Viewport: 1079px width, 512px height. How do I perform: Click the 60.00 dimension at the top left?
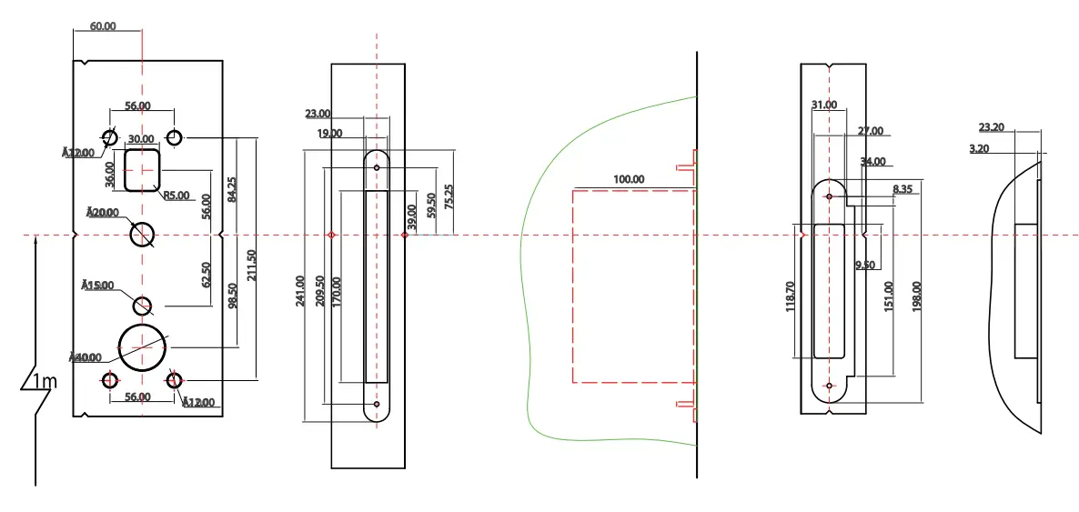[103, 26]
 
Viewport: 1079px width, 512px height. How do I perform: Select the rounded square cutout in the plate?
[143, 170]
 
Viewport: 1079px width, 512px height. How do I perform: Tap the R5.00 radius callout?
[176, 196]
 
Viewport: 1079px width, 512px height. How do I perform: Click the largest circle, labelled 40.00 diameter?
[143, 346]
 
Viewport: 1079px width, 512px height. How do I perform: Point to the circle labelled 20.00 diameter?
[143, 235]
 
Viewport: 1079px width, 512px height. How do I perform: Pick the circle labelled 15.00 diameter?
[143, 305]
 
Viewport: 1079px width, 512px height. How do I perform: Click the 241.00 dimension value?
[301, 291]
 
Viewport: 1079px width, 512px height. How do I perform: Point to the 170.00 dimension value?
[337, 292]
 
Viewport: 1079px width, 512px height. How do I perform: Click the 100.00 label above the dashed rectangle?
[629, 179]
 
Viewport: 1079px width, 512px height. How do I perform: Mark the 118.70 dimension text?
[790, 297]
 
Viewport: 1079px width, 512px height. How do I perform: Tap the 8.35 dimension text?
[903, 189]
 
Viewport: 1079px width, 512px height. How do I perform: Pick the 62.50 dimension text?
[206, 275]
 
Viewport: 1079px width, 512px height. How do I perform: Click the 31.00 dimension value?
[824, 105]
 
